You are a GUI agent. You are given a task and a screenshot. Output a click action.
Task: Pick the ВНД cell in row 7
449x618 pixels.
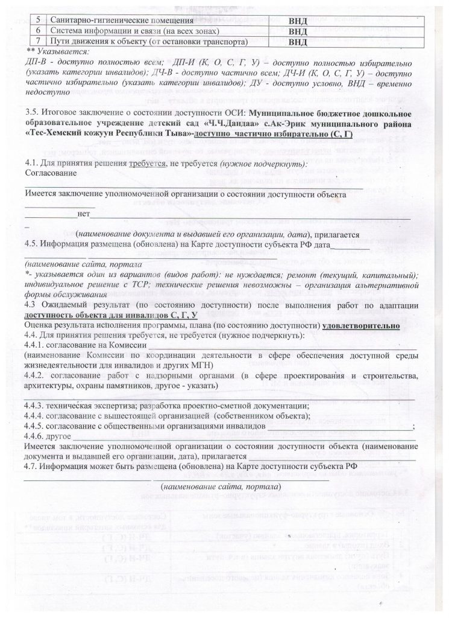297,42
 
